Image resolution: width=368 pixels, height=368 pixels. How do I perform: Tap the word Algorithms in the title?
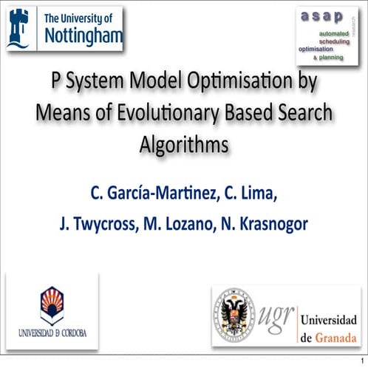[184, 145]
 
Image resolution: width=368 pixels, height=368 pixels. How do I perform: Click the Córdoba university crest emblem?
[51, 303]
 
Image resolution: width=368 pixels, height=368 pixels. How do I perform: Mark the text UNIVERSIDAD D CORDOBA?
[51, 333]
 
